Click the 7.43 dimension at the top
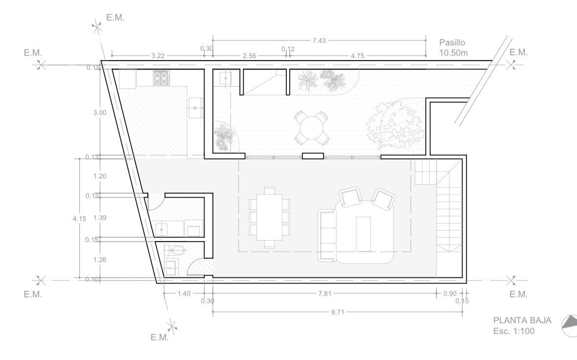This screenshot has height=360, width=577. [319, 41]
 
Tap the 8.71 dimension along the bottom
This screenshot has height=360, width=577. [338, 312]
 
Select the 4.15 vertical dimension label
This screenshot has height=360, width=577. [79, 219]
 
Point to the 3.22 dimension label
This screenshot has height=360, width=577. [158, 56]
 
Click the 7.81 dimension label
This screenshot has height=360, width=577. [324, 293]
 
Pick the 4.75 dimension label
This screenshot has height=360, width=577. [357, 56]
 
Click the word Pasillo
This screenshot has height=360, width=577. [452, 43]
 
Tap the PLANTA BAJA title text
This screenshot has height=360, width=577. [522, 320]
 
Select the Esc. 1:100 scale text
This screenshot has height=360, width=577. [514, 331]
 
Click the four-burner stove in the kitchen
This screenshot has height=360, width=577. [161, 78]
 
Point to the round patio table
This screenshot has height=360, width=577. [312, 128]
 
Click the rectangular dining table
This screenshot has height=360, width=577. [269, 217]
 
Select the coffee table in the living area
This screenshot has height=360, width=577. [363, 234]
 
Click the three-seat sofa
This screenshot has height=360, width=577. [327, 235]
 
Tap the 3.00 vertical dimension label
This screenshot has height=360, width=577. [100, 113]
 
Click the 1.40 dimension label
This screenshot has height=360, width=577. [184, 293]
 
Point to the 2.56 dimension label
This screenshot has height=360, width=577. [249, 56]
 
